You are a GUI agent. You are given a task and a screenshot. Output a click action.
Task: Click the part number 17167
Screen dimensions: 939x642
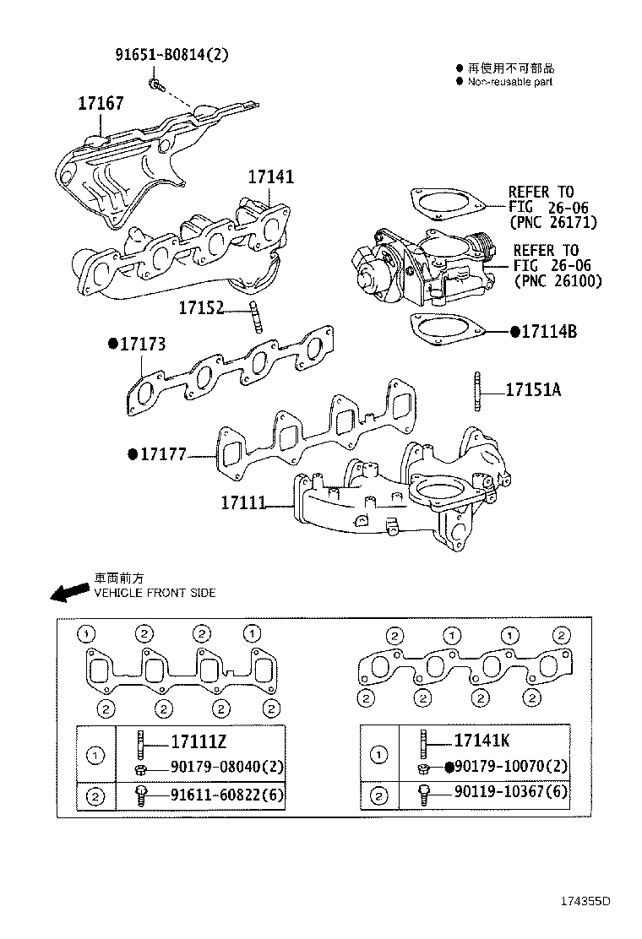point(101,104)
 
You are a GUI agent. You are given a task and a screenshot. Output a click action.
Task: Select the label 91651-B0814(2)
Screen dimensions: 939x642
point(171,56)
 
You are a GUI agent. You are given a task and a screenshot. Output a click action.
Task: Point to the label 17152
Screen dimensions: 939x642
point(201,309)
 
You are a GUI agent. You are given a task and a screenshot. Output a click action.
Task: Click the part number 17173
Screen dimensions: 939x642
point(142,345)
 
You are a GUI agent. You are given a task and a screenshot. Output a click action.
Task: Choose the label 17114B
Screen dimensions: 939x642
point(548,332)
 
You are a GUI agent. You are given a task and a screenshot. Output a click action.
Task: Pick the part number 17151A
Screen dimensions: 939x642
point(533,390)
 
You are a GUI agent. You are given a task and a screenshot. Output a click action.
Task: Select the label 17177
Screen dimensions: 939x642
point(162,455)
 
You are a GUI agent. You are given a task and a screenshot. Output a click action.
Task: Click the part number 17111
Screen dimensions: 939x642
point(243,503)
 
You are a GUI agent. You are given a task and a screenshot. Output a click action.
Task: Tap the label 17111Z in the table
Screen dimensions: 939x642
point(199,742)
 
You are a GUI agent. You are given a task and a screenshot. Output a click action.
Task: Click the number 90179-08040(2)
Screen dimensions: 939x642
point(227,768)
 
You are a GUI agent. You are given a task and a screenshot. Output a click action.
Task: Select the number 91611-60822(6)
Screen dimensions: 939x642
point(227,795)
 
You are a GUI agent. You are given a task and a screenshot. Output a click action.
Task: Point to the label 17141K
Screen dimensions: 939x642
point(481,741)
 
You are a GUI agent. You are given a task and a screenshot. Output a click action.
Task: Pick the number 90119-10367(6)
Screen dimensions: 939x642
point(511,793)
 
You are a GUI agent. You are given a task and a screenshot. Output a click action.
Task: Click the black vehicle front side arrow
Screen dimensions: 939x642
point(68,593)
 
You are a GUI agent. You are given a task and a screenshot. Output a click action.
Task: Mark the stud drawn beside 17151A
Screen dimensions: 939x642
point(479,390)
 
